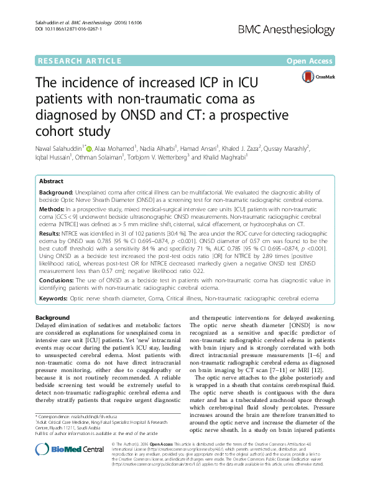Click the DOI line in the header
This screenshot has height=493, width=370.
pos(60,29)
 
